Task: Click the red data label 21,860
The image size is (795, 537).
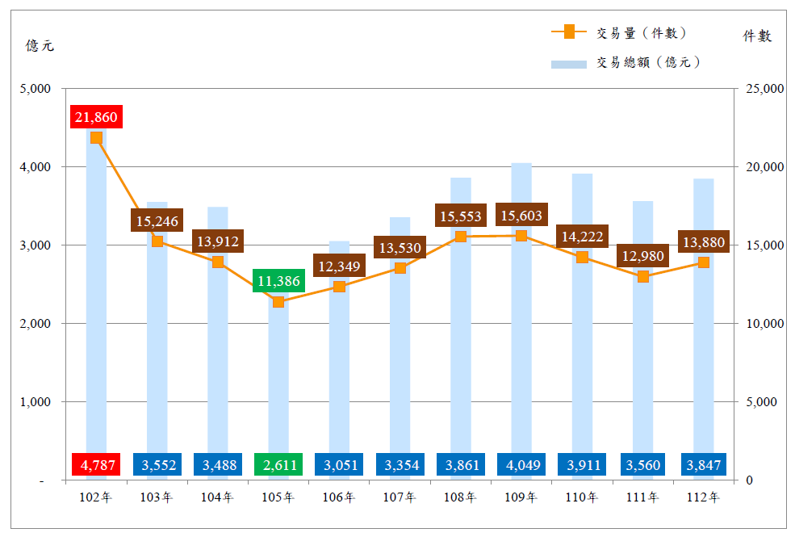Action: pyautogui.click(x=96, y=117)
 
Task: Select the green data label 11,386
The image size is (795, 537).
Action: pyautogui.click(x=278, y=281)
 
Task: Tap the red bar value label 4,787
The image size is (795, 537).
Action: pyautogui.click(x=96, y=464)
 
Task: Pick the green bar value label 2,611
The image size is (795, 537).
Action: pyautogui.click(x=278, y=464)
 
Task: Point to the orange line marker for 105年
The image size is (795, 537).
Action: pyautogui.click(x=278, y=302)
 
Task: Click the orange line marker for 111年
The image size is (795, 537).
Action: pyautogui.click(x=643, y=277)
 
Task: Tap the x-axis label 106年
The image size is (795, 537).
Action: pyautogui.click(x=339, y=497)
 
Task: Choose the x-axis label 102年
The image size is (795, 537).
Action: pyautogui.click(x=96, y=497)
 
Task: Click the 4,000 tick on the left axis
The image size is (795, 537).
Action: pyautogui.click(x=36, y=167)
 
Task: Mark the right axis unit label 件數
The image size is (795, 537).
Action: pyautogui.click(x=757, y=36)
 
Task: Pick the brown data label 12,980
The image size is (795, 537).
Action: pyautogui.click(x=643, y=257)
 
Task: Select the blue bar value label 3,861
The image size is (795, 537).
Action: pyautogui.click(x=461, y=464)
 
